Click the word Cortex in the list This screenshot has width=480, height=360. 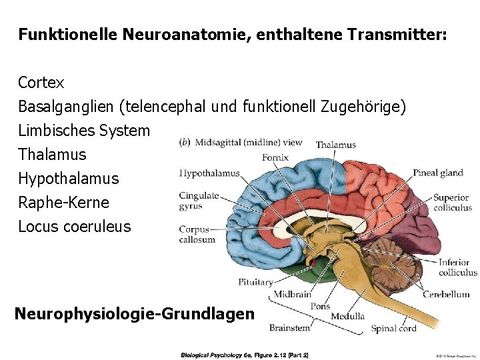point(41,83)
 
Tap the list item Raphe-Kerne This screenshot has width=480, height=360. point(63,202)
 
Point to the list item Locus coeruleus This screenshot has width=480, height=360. point(75,226)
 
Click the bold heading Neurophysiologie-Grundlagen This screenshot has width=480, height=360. point(134,313)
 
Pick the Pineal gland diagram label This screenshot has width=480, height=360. point(437,173)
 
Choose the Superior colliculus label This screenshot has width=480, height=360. point(452,203)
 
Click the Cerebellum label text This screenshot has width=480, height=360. point(446,294)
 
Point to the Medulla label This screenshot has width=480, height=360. point(347,316)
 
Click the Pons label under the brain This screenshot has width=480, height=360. point(320,307)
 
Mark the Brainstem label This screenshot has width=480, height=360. point(289,327)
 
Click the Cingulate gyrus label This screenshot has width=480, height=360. point(199,201)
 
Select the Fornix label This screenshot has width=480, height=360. point(275,158)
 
